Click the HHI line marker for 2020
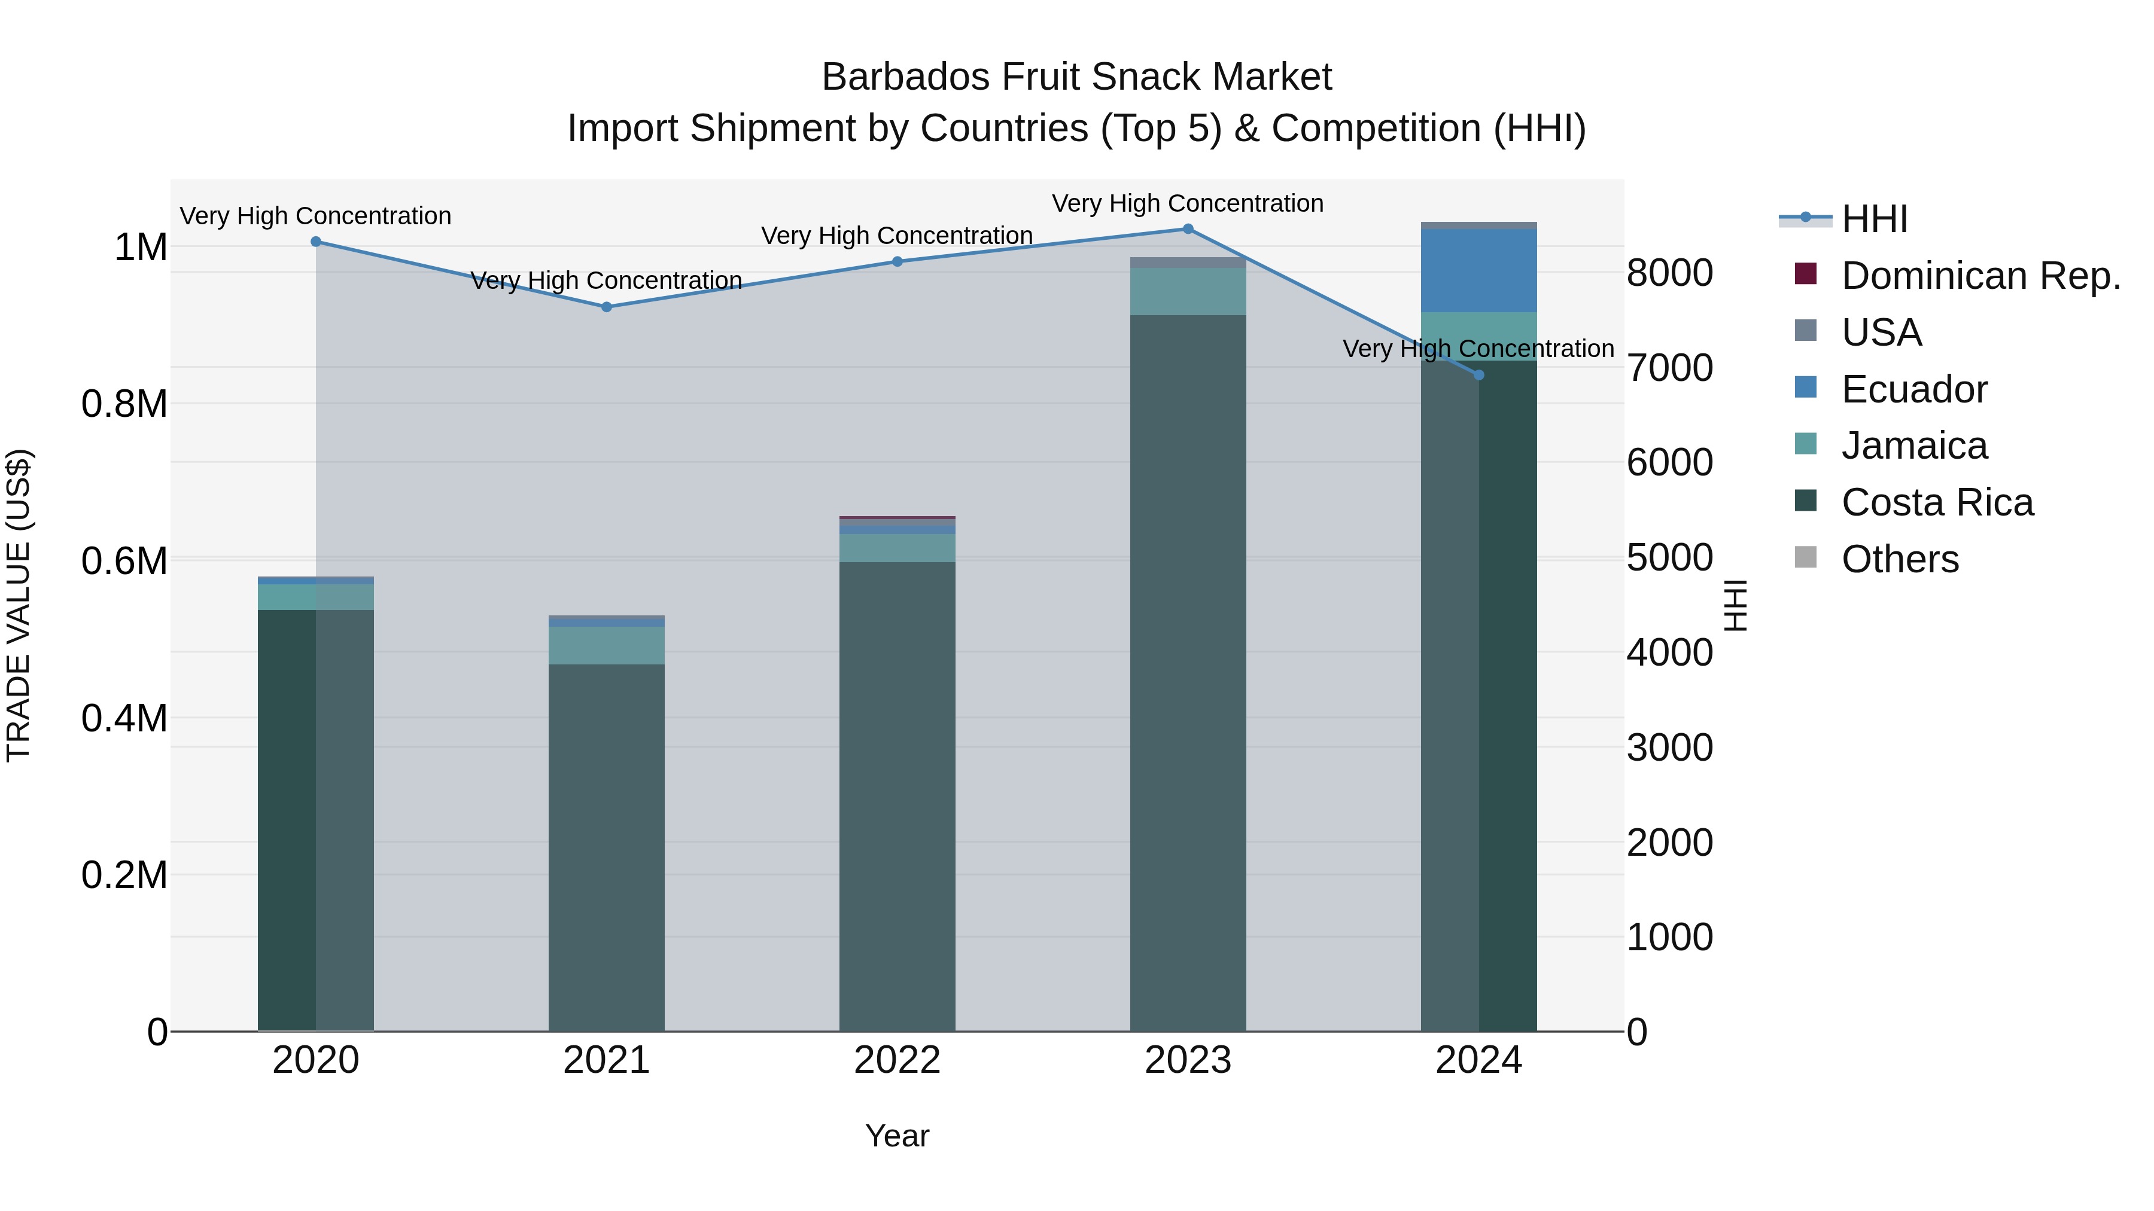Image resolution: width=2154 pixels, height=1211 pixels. pos(316,242)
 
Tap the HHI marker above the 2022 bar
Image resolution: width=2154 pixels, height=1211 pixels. pos(898,261)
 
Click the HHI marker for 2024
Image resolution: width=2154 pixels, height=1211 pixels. pos(1478,375)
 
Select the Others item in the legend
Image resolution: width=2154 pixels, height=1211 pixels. pos(1899,559)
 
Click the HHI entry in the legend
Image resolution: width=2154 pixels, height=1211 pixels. pos(1874,219)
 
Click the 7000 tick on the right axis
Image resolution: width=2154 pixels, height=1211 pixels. pos(1669,368)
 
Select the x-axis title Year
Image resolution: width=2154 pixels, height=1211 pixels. pos(898,1136)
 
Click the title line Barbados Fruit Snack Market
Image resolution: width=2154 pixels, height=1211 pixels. pos(1076,77)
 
